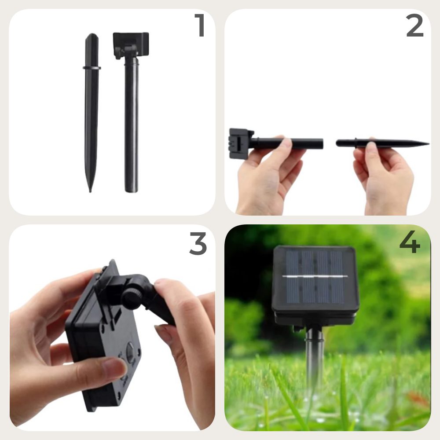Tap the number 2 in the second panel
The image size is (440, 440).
[415, 26]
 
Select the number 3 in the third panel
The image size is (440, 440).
[198, 243]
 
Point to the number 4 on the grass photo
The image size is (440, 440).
[410, 242]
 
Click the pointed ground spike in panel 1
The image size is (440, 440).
[92, 112]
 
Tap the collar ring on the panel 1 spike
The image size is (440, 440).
[92, 68]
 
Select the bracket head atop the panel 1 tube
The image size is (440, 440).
[131, 45]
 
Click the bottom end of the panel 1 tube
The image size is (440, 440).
[131, 191]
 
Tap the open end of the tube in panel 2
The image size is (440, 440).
[322, 143]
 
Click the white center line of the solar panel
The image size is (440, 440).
[315, 276]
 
